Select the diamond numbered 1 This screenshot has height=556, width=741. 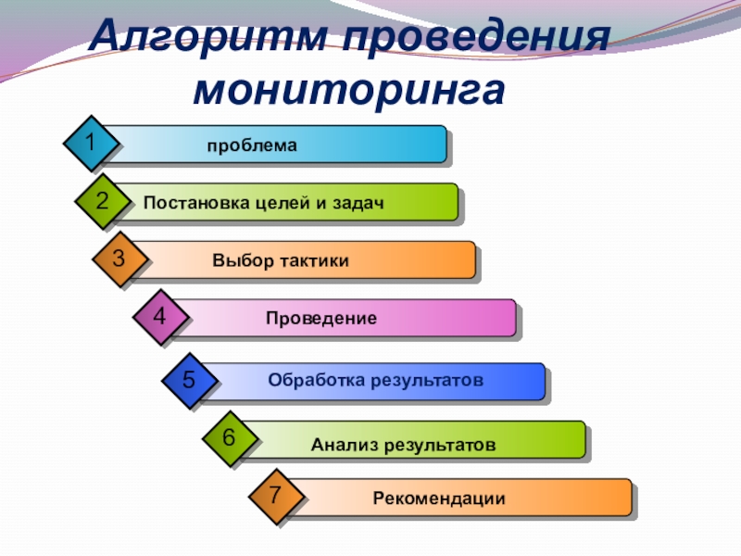click(91, 143)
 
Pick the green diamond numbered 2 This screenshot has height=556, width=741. click(102, 201)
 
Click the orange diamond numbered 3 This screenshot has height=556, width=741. click(119, 259)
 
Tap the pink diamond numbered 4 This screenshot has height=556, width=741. click(159, 317)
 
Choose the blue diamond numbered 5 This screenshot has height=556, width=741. click(189, 379)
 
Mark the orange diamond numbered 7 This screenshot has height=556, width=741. click(275, 496)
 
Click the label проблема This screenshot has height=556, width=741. click(252, 145)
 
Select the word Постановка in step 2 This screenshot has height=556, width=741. click(194, 203)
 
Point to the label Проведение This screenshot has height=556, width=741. click(320, 319)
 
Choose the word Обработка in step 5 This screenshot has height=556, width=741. click(315, 380)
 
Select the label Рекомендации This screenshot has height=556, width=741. click(439, 499)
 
